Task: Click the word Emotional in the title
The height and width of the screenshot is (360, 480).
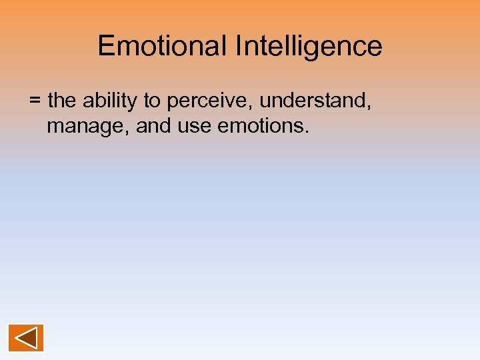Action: pyautogui.click(x=162, y=46)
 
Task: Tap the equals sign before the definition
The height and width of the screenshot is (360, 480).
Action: pyautogui.click(x=35, y=102)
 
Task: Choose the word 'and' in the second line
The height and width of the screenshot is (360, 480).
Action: pyautogui.click(x=153, y=125)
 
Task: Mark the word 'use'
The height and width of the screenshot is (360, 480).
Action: pyautogui.click(x=193, y=126)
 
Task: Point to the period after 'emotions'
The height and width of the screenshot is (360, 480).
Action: pyautogui.click(x=307, y=131)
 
